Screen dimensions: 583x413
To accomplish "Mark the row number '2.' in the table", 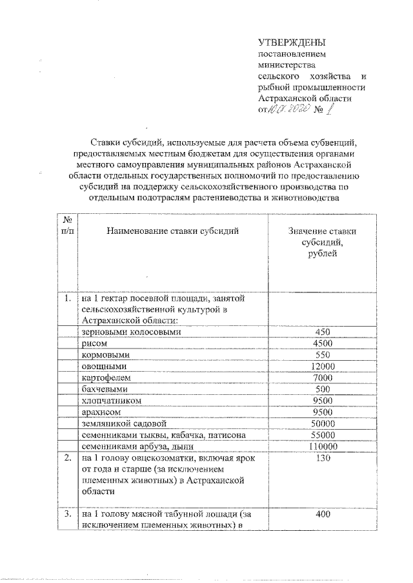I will (68, 458).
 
